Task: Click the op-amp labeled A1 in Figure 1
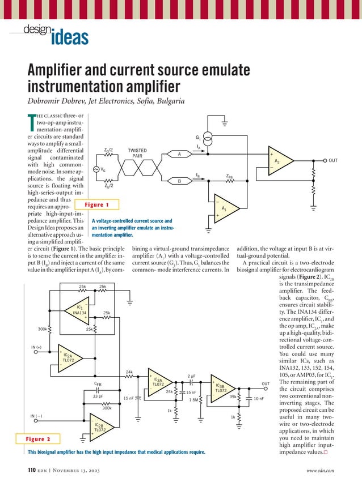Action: click(x=226, y=209)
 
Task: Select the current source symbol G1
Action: click(x=208, y=138)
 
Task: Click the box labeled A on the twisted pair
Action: click(x=179, y=154)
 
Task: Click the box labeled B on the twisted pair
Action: click(x=179, y=181)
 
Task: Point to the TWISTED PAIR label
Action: click(x=137, y=153)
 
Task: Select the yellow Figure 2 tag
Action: click(x=37, y=439)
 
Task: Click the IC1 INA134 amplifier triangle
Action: click(x=81, y=310)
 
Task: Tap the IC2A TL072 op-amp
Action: click(x=69, y=359)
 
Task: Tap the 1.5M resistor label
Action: click(x=193, y=400)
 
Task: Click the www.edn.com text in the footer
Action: click(x=320, y=470)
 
